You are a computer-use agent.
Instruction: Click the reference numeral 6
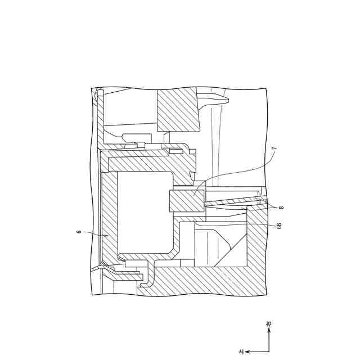click(79, 231)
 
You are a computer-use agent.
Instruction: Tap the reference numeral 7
click(274, 150)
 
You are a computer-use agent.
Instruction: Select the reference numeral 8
click(281, 208)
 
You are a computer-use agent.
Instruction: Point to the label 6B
click(279, 226)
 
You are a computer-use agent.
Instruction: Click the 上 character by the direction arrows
click(241, 352)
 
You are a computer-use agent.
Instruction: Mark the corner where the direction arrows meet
click(268, 352)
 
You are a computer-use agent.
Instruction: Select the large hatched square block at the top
click(178, 109)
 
